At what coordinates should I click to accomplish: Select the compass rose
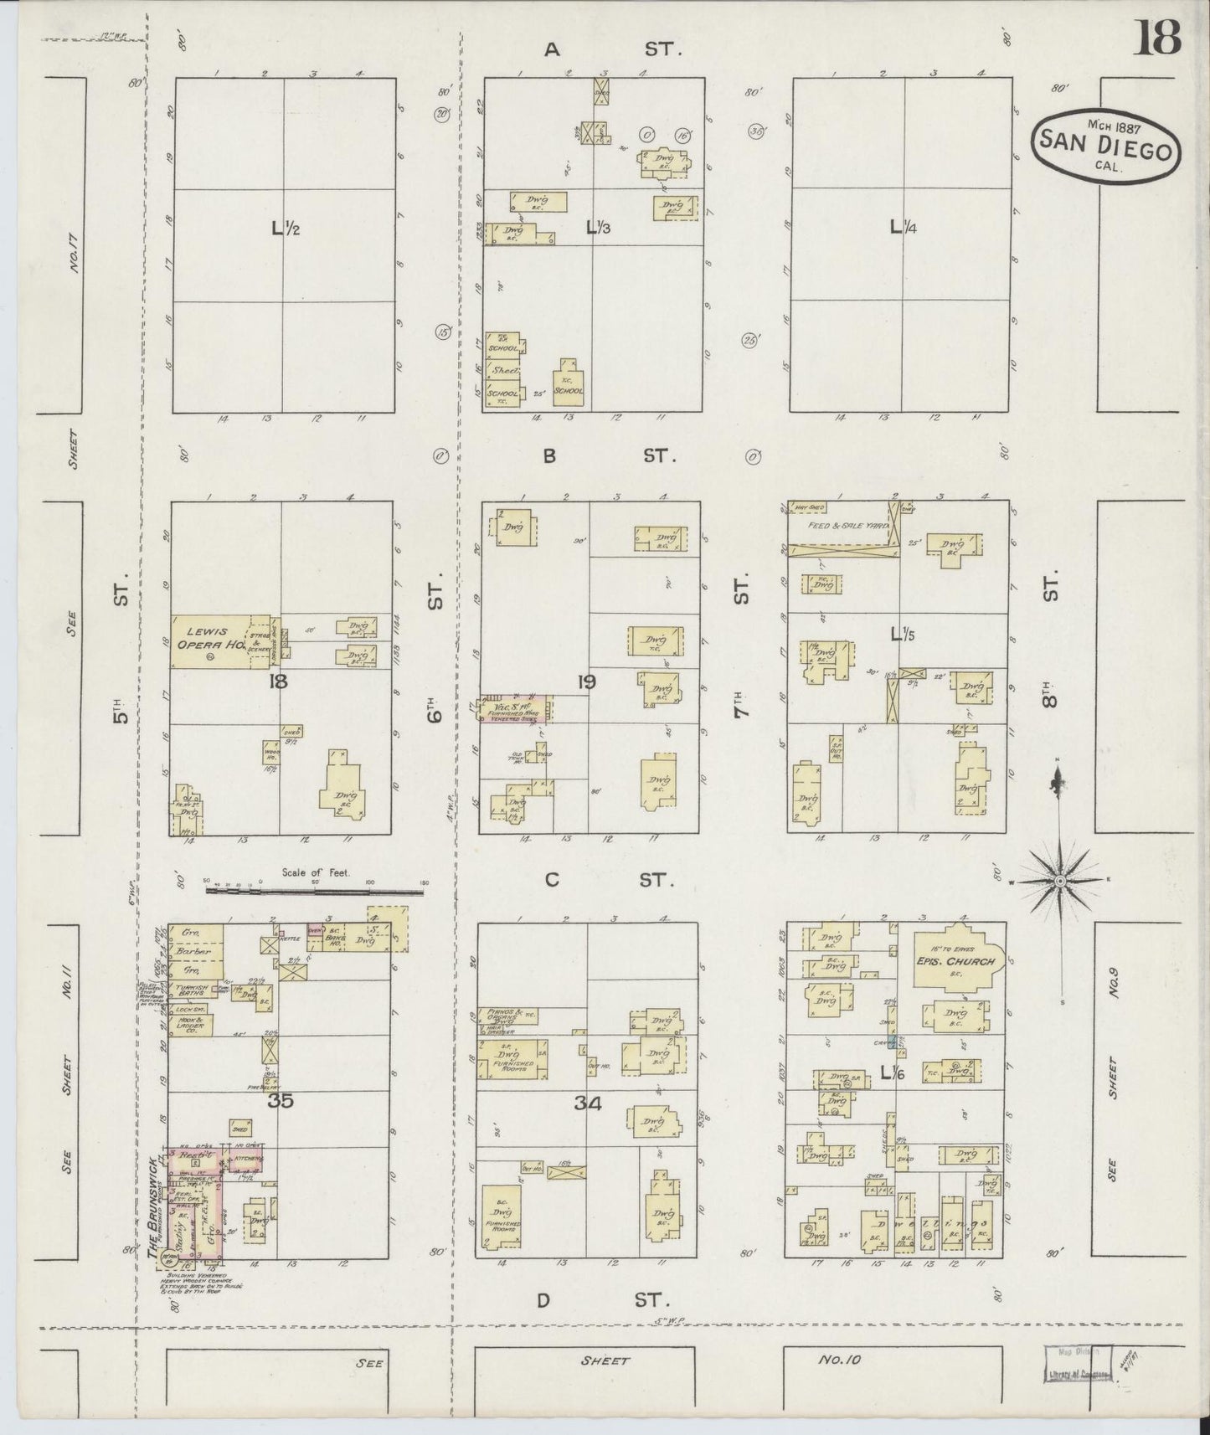point(1059,881)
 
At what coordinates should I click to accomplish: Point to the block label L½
point(282,227)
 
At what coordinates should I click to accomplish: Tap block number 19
point(587,682)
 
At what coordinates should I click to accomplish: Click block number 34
point(589,1103)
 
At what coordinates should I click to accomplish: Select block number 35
point(281,1101)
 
